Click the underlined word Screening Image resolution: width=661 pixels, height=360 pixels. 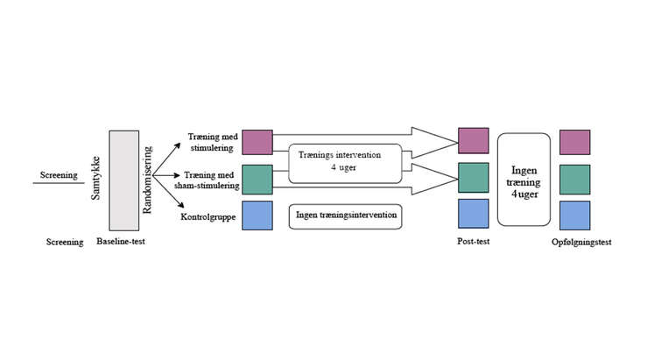[x=59, y=175]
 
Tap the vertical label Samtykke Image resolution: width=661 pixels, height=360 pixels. [x=96, y=179]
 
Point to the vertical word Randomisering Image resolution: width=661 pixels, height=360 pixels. [x=147, y=180]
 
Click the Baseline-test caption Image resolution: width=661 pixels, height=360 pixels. [x=121, y=242]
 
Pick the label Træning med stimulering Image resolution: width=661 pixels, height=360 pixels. [x=213, y=143]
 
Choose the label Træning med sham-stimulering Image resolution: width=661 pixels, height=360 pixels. [x=207, y=180]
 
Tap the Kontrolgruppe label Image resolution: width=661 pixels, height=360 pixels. [x=208, y=216]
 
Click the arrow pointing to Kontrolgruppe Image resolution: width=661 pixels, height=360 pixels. [x=169, y=191]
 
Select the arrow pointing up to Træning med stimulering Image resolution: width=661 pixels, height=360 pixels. [x=166, y=159]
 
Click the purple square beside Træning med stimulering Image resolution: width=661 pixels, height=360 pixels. [x=257, y=143]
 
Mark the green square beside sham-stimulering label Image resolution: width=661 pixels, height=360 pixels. [x=257, y=180]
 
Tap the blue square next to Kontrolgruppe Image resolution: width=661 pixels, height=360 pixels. [x=257, y=215]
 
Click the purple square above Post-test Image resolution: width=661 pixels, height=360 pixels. [x=474, y=141]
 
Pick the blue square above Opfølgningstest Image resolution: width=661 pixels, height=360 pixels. [x=575, y=215]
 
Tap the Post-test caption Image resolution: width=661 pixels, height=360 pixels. [x=474, y=242]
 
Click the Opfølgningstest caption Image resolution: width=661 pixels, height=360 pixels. [x=581, y=243]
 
